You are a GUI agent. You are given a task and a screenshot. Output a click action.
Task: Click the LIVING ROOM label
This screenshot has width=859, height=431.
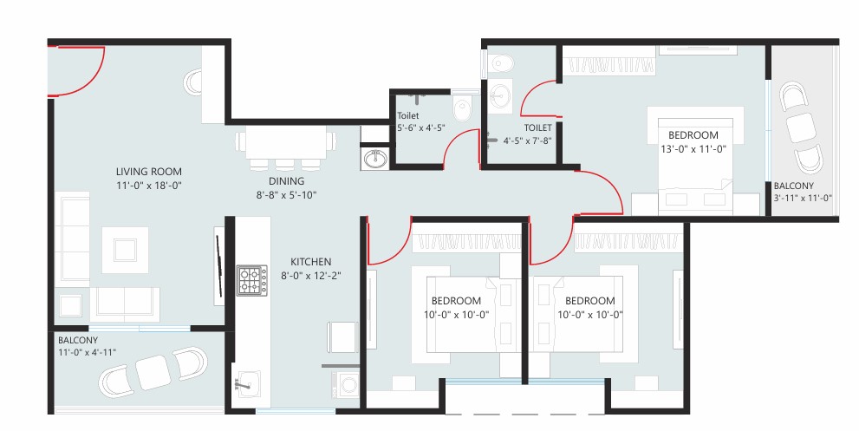(148, 172)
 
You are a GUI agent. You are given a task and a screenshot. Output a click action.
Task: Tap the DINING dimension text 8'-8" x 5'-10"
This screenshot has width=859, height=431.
(287, 194)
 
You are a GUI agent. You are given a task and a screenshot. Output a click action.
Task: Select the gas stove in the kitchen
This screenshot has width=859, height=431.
(252, 280)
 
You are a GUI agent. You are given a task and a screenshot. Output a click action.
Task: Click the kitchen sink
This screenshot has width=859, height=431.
(246, 383)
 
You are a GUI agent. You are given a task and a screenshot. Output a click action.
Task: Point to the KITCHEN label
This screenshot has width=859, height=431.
(310, 262)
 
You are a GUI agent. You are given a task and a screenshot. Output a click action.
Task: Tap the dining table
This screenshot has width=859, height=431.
(286, 142)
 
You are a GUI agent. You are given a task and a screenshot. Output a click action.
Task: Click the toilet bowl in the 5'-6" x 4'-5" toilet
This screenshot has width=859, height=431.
(462, 108)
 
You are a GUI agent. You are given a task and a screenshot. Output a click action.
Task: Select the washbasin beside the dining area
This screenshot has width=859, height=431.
(374, 159)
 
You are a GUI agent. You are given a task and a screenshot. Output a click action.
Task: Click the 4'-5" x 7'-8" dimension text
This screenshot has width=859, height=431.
(528, 141)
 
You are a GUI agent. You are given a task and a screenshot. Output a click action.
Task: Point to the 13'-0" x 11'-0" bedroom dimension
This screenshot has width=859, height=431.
(693, 148)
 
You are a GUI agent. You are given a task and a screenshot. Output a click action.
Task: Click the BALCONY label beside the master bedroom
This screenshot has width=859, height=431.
(793, 186)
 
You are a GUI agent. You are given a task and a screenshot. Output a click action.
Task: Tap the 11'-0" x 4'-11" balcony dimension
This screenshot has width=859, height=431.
(87, 353)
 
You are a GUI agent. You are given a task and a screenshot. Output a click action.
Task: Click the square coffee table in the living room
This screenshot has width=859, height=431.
(125, 250)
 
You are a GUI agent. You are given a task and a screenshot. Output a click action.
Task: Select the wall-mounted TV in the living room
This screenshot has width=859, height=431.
(219, 266)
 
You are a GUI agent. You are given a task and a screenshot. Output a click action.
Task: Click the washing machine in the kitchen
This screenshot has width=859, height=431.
(346, 385)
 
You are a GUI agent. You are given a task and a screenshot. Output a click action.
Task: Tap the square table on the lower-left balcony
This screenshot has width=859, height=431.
(153, 372)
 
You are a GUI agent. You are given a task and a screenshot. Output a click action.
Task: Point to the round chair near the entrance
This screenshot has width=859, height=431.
(192, 82)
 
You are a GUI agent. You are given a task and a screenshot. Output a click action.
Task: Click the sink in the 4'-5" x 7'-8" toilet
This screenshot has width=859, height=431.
(499, 96)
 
